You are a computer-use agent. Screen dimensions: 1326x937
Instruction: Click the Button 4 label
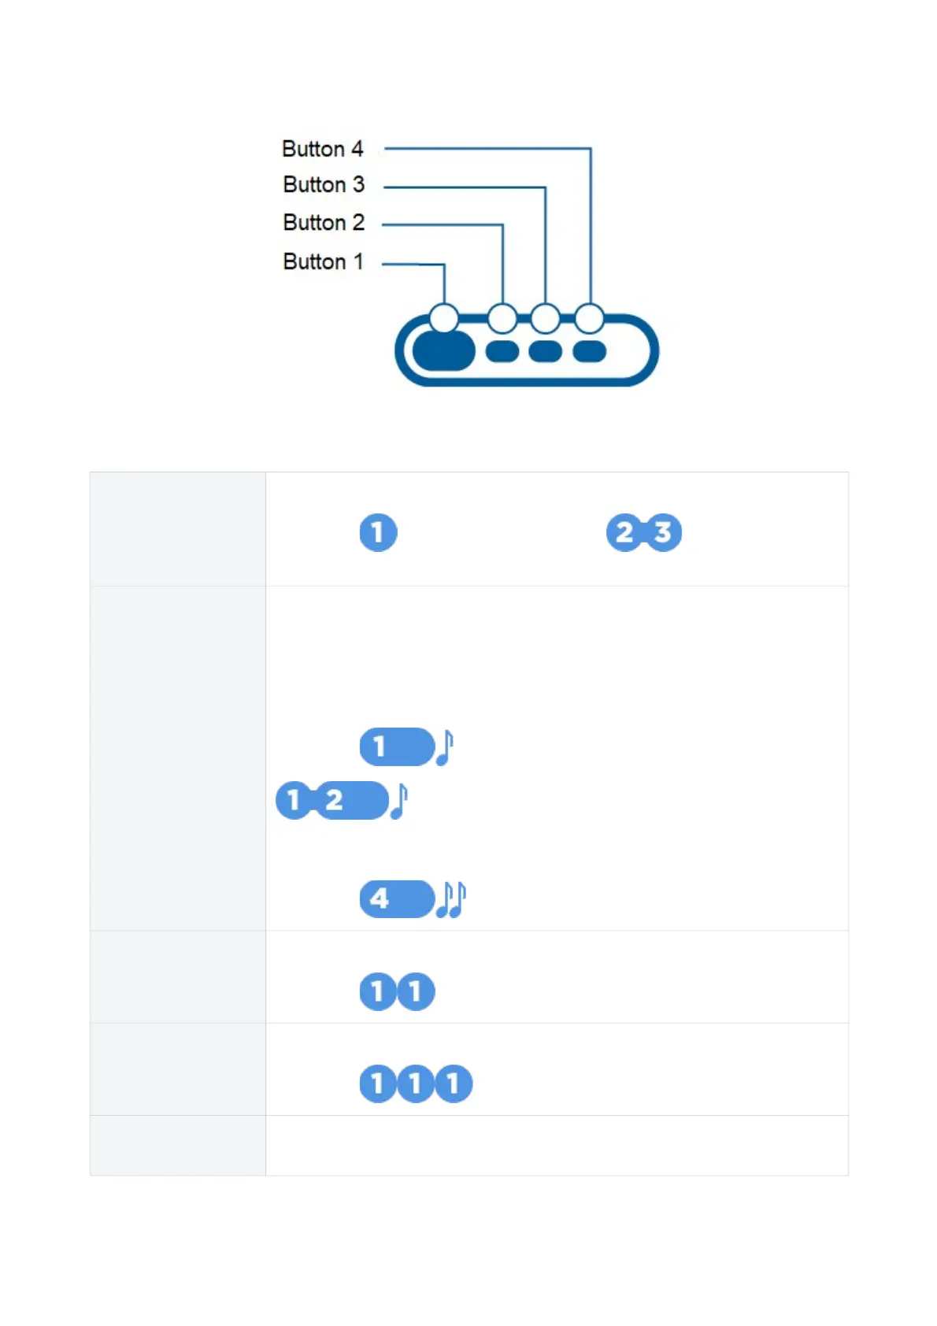point(323,149)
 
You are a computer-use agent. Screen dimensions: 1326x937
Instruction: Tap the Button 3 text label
point(324,184)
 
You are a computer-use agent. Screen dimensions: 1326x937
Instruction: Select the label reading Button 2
point(324,222)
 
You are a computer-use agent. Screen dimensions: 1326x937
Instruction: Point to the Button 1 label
point(323,261)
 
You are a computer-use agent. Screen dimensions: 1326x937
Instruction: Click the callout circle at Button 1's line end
point(444,318)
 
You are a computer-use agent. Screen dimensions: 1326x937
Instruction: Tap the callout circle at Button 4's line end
point(589,318)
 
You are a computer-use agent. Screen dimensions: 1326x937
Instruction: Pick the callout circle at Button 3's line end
point(545,318)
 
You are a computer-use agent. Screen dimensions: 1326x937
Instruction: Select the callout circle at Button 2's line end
point(502,318)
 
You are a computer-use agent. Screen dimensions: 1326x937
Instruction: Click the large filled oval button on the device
point(444,350)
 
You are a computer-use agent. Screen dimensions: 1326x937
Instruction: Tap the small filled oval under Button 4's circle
point(589,350)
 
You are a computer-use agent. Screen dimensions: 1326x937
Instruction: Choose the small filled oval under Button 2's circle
point(502,350)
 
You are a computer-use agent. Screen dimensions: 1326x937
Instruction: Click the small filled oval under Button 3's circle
point(545,350)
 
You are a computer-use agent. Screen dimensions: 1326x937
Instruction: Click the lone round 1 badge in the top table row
point(378,532)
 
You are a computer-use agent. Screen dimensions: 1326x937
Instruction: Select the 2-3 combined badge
point(643,532)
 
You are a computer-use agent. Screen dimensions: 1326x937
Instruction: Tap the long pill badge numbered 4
point(397,898)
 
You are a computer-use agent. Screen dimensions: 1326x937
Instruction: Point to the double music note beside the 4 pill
point(451,898)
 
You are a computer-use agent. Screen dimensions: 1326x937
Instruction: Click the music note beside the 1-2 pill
point(399,801)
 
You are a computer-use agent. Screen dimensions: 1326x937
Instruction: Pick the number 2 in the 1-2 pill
point(335,800)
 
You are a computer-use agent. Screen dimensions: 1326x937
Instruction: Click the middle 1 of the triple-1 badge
point(415,1083)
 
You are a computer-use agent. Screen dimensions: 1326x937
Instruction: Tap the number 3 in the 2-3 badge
point(663,532)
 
